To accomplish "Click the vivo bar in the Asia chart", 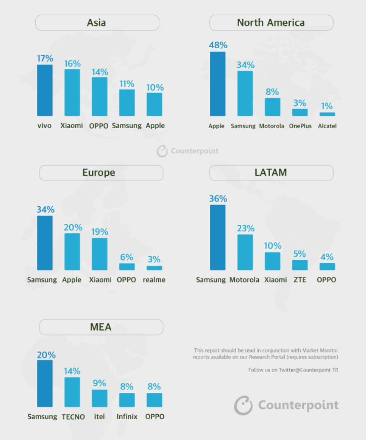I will click(44, 90).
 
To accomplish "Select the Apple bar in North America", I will click(217, 84).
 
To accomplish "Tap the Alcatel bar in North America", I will click(327, 114).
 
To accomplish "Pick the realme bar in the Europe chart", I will click(154, 268).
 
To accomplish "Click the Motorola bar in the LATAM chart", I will click(245, 252).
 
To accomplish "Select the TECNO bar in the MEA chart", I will click(72, 392).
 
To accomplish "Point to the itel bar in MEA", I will click(100, 398).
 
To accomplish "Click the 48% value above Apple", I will click(218, 45).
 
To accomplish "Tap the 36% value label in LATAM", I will click(218, 199).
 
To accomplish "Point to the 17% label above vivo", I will click(45, 59).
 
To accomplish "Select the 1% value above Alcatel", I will click(327, 106).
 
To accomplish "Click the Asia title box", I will click(97, 23).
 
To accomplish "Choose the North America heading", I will click(271, 23).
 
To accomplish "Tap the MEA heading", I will click(101, 327).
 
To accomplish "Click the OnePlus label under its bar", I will click(300, 126).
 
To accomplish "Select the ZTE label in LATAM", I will click(300, 279).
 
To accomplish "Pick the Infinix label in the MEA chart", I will click(127, 417).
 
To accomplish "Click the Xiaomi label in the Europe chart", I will click(100, 279).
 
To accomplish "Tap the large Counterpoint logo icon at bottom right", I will click(243, 405).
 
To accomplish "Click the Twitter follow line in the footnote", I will click(293, 370).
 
